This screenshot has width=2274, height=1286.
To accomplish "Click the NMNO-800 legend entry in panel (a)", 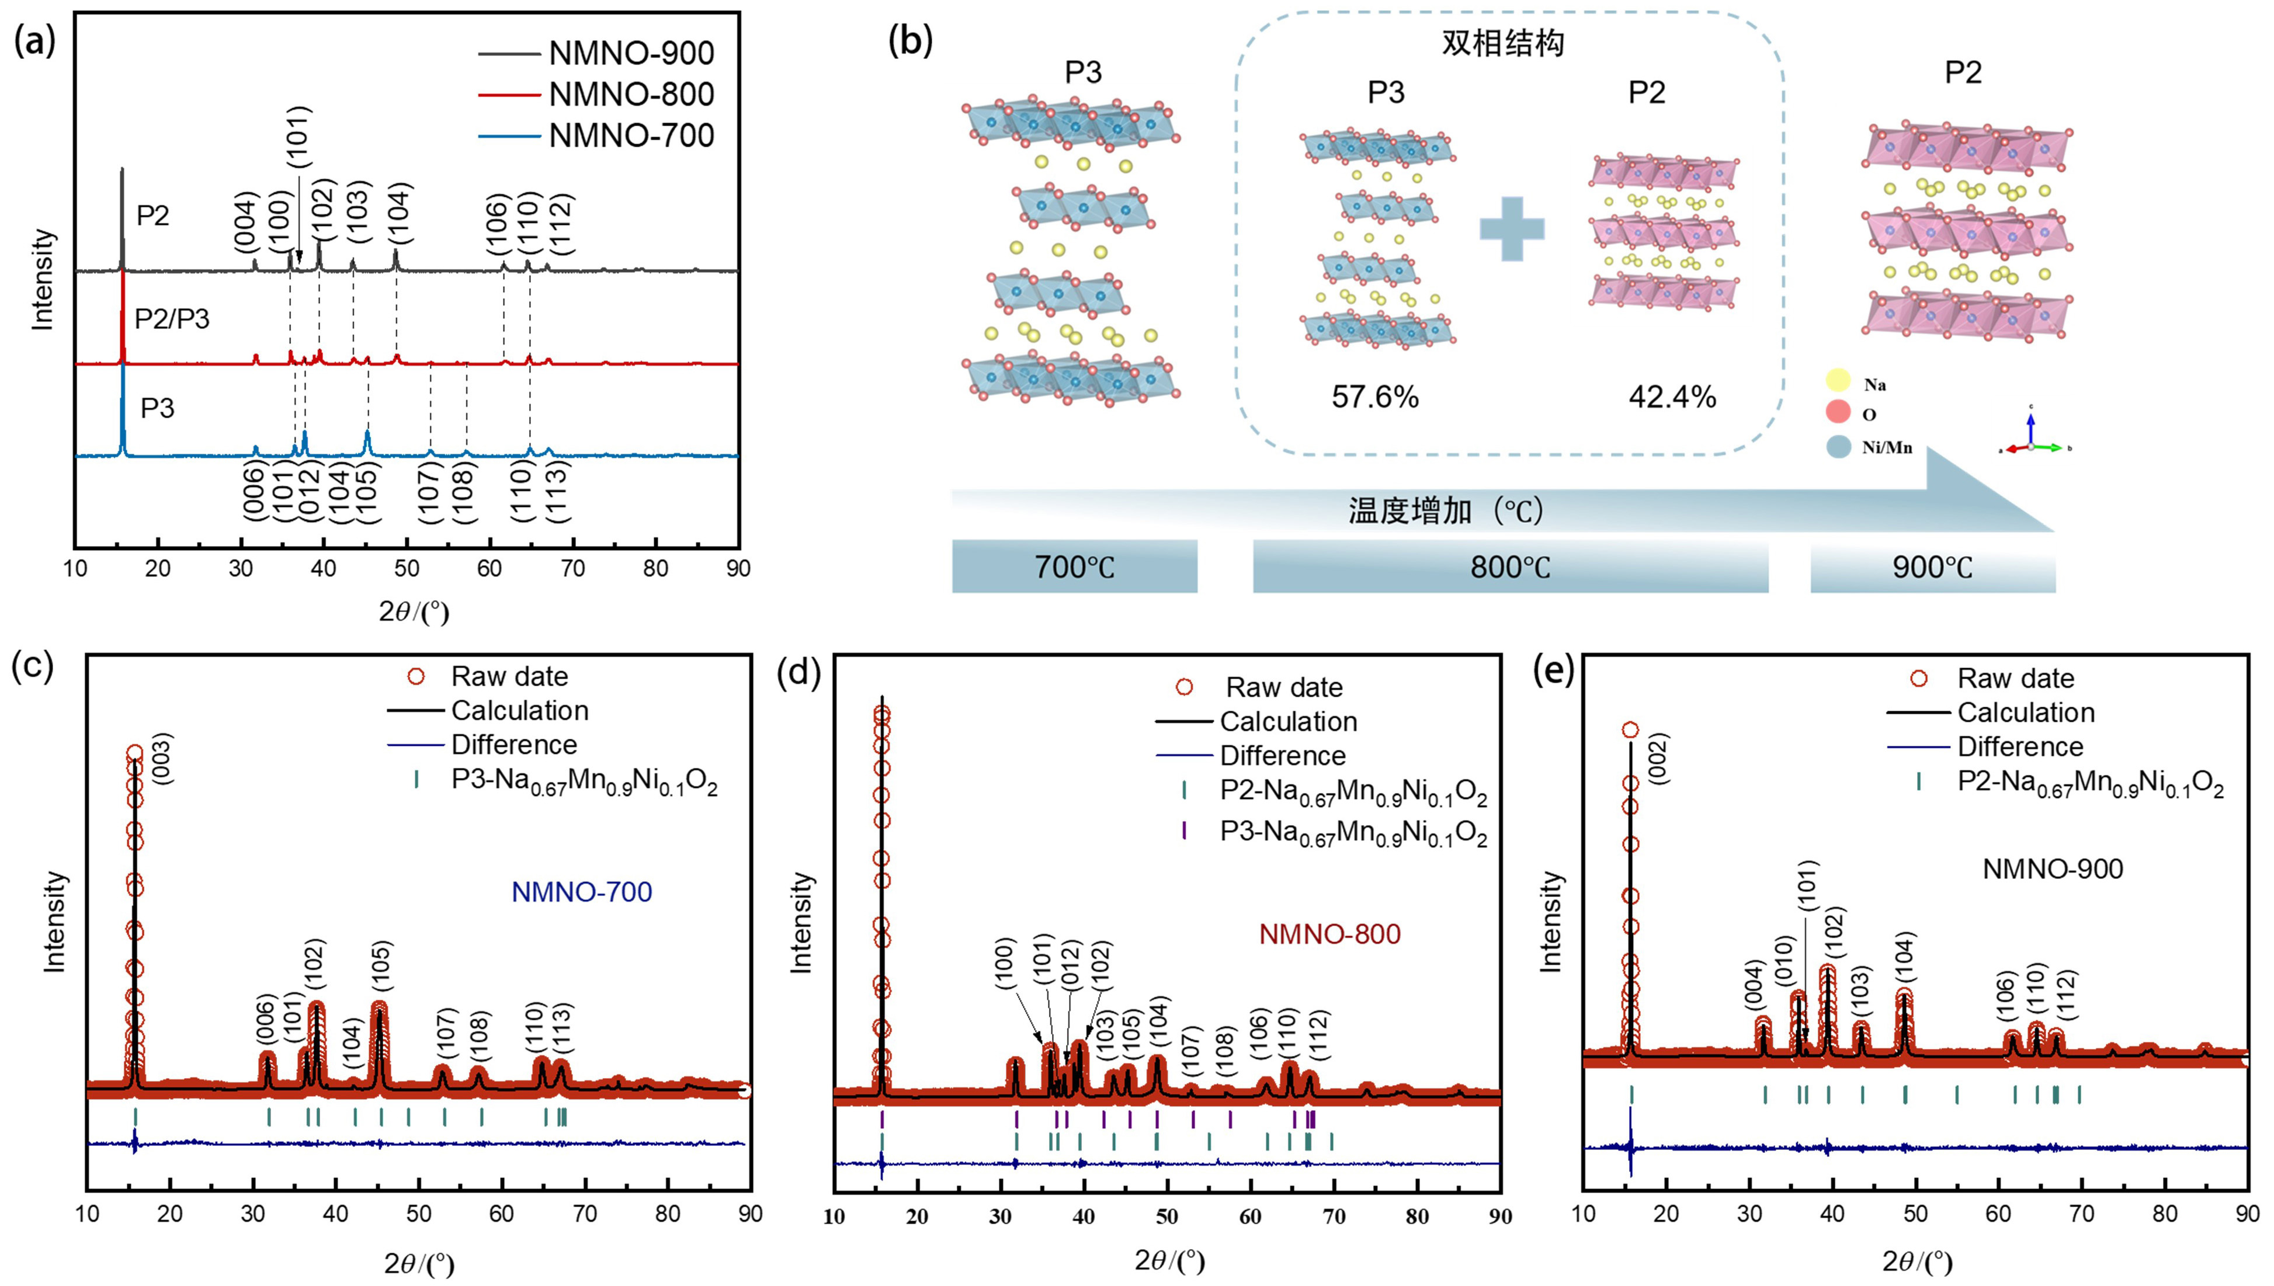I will pos(630,95).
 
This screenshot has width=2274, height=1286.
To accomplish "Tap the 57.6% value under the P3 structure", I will pos(1375,398).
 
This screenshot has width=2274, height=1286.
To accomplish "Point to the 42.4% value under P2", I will pos(1672,398).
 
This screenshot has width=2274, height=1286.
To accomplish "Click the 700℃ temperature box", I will pos(1074,566).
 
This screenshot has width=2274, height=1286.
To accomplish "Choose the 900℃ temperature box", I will pos(1932,566).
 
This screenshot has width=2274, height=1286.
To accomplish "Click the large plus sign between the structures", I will pos(1512,228).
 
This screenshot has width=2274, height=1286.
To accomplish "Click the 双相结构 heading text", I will pos(1502,43).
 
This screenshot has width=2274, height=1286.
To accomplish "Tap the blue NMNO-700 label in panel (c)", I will pos(581,892).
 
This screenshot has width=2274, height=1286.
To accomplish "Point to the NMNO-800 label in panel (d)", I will pos(1329,934).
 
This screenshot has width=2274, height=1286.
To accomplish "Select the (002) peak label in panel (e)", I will pos(1658,758).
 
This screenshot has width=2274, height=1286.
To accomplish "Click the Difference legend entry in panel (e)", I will pos(2020,747).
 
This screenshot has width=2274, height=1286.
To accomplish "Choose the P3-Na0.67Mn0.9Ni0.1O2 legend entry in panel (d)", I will pos(1353,833).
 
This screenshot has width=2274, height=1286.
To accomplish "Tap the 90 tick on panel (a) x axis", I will pos(738,568).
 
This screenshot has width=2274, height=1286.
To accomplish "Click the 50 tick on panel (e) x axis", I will pos(1915,1214).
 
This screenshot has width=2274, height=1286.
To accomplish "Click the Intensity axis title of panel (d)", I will pos(801,923).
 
